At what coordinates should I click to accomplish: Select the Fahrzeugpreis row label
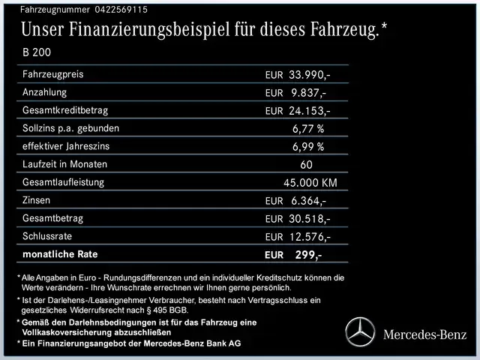[x=53, y=75]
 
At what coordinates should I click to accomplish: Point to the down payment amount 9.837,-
[x=308, y=93]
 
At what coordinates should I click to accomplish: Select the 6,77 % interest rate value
[x=308, y=128]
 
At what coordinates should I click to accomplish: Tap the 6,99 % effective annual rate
[x=308, y=146]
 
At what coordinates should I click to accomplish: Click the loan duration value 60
[x=306, y=164]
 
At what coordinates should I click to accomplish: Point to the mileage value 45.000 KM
[x=310, y=182]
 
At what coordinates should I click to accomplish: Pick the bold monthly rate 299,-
[x=307, y=255]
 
